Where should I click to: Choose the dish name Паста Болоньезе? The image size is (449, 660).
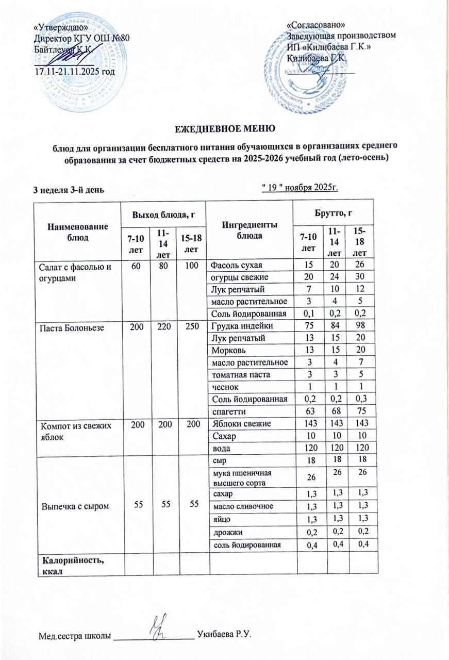point(62,326)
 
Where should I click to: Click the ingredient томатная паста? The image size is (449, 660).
point(236,375)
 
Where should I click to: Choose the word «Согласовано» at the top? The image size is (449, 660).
point(315,25)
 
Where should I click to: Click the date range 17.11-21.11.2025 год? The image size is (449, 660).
point(74,70)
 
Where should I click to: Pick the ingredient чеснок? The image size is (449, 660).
point(224,387)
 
